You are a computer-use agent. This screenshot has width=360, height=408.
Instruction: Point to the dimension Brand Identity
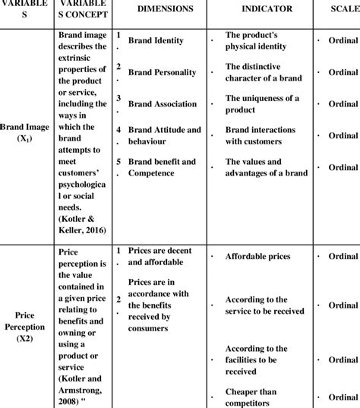pos(156,40)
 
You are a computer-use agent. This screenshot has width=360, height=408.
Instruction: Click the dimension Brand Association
pos(163,104)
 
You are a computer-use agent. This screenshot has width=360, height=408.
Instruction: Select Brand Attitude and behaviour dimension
pos(165,135)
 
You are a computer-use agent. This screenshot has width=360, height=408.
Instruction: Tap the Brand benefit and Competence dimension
pos(162,167)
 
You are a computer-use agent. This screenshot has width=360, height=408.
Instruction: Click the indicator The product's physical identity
pos(262,40)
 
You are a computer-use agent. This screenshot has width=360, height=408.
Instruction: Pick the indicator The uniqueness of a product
pos(263,104)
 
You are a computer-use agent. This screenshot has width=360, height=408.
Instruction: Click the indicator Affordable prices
pos(257,256)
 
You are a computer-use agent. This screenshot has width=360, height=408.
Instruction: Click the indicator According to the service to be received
pos(265,305)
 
